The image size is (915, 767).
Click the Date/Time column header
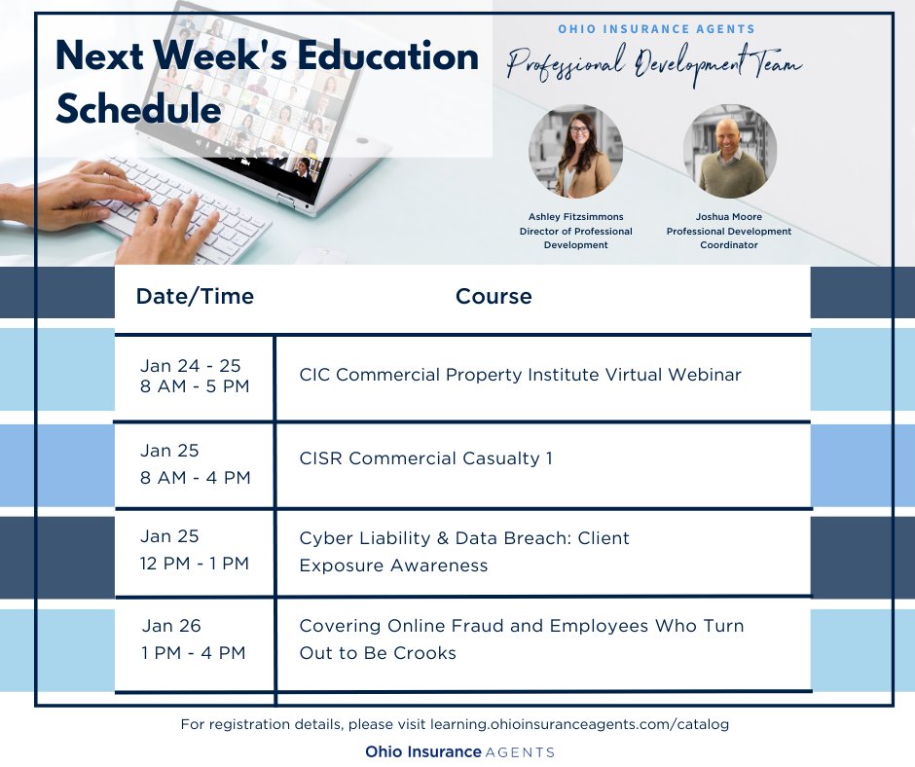pyautogui.click(x=195, y=297)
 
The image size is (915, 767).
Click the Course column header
pyautogui.click(x=494, y=297)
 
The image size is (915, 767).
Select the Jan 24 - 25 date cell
pyautogui.click(x=191, y=366)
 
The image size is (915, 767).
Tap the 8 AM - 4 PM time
pyautogui.click(x=196, y=478)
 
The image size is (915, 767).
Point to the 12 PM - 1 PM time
pyautogui.click(x=195, y=564)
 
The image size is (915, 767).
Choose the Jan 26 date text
pyautogui.click(x=171, y=626)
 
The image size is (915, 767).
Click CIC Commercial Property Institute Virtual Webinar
pyautogui.click(x=520, y=375)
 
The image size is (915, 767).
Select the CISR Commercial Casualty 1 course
pyautogui.click(x=425, y=457)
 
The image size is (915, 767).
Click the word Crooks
pyautogui.click(x=426, y=653)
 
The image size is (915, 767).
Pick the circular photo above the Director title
pyautogui.click(x=575, y=152)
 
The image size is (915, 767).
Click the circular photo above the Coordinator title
pyautogui.click(x=729, y=152)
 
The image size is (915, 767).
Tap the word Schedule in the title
pyautogui.click(x=138, y=109)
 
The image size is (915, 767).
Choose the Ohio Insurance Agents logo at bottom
pyautogui.click(x=459, y=751)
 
